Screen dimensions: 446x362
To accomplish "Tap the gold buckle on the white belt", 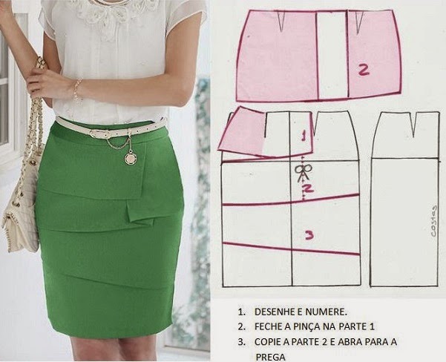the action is pyautogui.click(x=97, y=134).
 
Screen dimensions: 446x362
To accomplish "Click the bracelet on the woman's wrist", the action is pyautogui.click(x=77, y=89).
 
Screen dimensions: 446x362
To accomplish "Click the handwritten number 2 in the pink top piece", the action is pyautogui.click(x=364, y=70).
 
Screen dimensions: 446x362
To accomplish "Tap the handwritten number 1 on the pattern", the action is pyautogui.click(x=304, y=135).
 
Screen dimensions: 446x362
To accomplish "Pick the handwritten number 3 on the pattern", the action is pyautogui.click(x=309, y=235).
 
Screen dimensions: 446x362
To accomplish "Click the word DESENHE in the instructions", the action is pyautogui.click(x=274, y=312).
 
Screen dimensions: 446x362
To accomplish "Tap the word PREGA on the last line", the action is pyautogui.click(x=270, y=357).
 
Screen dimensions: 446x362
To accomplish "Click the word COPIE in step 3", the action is pyautogui.click(x=267, y=341).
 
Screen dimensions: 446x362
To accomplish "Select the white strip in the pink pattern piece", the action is pyautogui.click(x=332, y=55).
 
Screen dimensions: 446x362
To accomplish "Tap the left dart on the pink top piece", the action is pyautogui.click(x=281, y=22).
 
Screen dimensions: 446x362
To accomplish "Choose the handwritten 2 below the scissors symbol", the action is pyautogui.click(x=308, y=188).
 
